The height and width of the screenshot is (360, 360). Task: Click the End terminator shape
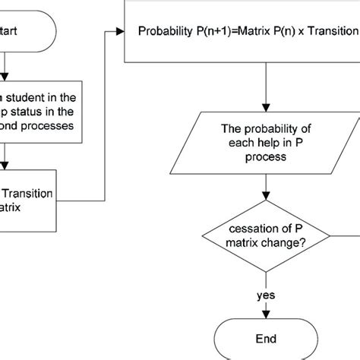click(x=265, y=338)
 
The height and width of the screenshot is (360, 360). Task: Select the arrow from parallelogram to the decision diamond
click(x=265, y=186)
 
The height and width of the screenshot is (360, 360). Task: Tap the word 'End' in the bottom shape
click(x=265, y=338)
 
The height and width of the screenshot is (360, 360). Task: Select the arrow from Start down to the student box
click(x=5, y=65)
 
